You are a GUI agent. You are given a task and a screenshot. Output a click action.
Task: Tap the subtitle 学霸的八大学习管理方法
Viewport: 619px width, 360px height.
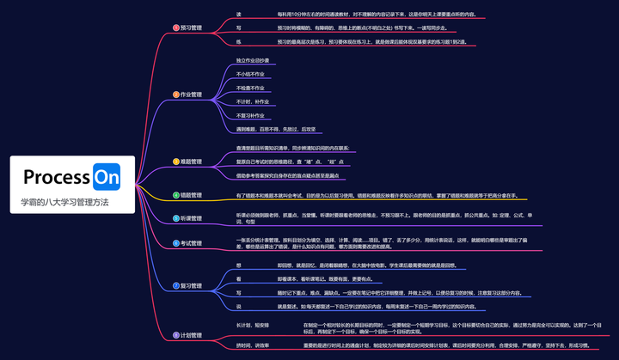65,203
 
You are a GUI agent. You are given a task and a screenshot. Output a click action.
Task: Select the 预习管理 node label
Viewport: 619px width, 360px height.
192,27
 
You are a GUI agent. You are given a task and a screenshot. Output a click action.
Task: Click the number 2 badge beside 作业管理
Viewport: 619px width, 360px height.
175,95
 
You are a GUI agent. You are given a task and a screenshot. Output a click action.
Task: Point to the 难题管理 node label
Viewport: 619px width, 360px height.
192,161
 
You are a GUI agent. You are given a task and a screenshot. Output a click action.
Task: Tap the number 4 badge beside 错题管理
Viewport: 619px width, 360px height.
175,195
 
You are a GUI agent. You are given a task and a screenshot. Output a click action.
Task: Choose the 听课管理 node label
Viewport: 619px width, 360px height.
192,219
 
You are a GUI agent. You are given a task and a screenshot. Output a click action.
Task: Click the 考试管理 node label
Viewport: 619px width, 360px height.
192,243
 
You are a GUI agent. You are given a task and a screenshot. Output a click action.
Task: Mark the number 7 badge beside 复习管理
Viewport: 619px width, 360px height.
175,285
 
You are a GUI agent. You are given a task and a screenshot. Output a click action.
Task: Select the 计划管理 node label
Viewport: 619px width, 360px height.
192,334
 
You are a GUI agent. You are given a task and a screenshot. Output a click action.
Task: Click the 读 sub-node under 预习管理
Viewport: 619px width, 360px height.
238,15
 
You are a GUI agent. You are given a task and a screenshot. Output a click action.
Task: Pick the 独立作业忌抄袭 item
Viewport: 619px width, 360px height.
252,60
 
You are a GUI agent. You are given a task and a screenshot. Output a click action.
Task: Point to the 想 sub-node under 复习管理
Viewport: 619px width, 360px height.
238,265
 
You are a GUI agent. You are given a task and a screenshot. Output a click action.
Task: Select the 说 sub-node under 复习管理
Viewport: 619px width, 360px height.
238,306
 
